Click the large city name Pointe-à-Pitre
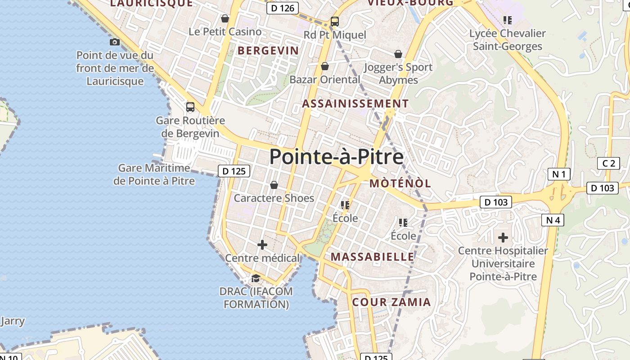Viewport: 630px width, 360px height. point(336,157)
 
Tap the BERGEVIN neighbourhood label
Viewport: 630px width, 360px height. point(268,50)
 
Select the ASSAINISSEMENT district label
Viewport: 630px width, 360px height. point(355,103)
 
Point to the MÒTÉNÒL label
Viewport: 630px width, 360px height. point(400,183)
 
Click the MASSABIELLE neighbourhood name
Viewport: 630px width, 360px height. point(372,257)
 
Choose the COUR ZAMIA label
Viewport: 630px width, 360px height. point(391,302)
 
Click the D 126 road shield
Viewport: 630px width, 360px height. point(283,8)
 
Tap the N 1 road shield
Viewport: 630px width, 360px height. point(559,174)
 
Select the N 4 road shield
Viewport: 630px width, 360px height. point(552,220)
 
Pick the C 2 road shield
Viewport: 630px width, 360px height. point(608,163)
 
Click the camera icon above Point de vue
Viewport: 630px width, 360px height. point(115,42)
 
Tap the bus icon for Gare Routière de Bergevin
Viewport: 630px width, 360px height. point(190,107)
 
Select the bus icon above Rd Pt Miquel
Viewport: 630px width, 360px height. point(334,21)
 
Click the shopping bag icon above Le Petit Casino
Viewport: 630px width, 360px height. point(225,18)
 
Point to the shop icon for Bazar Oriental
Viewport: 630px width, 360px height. point(325,67)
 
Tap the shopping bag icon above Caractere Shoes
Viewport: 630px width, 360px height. point(274,185)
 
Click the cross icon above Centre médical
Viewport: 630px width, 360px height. point(262,245)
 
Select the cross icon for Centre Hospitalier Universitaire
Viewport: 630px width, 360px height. point(503,237)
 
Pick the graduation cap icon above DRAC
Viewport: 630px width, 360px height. point(256,278)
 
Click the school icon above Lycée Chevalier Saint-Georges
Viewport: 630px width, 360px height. point(508,20)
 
